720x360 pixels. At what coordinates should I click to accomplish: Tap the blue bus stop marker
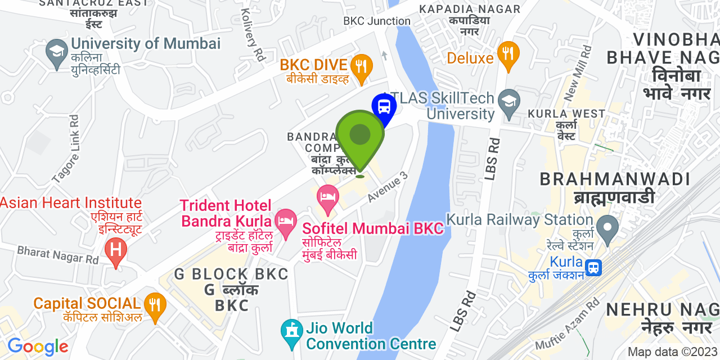pyautogui.click(x=384, y=106)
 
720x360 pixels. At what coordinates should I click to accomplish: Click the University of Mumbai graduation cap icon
pyautogui.click(x=56, y=54)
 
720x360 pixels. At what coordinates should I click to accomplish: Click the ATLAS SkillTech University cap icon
pyautogui.click(x=509, y=103)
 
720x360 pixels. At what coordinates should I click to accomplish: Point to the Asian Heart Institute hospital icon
pyautogui.click(x=116, y=250)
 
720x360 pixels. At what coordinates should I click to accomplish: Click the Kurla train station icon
pyautogui.click(x=593, y=268)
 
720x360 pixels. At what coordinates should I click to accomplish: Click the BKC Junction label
pyautogui.click(x=377, y=21)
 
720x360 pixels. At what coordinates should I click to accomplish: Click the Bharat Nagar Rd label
pyautogui.click(x=57, y=255)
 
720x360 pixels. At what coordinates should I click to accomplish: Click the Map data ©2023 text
pyautogui.click(x=672, y=352)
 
